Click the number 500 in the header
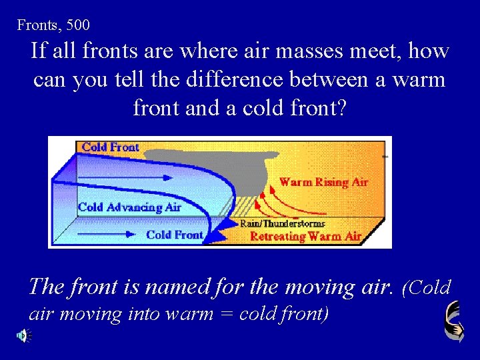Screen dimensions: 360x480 pos(78,25)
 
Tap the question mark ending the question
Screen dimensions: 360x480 pos(342,107)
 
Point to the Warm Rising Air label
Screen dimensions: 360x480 pos(323,182)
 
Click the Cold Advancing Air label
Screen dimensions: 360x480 pos(129,207)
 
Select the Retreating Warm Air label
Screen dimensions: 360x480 pos(305,236)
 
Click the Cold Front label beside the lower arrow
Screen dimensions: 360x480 pos(174,235)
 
